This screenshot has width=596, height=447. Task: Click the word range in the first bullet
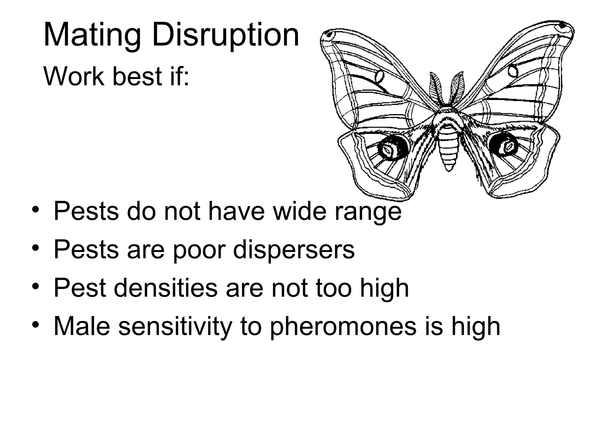[368, 211]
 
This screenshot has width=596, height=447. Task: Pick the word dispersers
[294, 250]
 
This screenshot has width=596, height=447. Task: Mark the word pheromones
[343, 327]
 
